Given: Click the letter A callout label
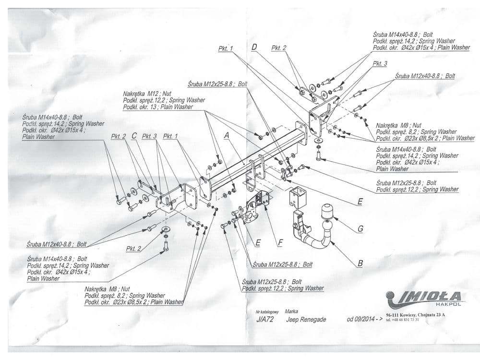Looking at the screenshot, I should pos(228,136).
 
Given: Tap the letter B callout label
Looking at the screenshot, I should pos(359,263).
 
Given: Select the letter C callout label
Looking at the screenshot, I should pos(134,136).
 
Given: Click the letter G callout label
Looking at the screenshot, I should pos(360,229).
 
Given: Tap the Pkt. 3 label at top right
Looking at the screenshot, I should pos(380,63).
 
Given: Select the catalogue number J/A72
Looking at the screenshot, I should pos(264,319).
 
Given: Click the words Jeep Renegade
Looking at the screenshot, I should pos(306,319).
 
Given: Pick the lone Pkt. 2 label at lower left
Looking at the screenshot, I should pos(134,249).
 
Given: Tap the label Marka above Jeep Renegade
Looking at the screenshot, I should pos(291,312).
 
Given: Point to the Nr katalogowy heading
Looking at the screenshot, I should pos(267,312).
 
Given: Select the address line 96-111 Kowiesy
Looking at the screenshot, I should pos(416,315).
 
